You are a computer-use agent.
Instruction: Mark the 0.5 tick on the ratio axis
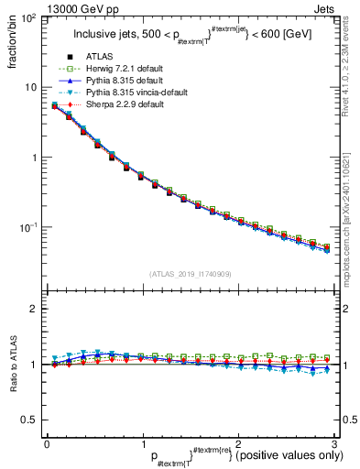coord(29,420)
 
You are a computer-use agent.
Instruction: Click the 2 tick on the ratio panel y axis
coord(34,309)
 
